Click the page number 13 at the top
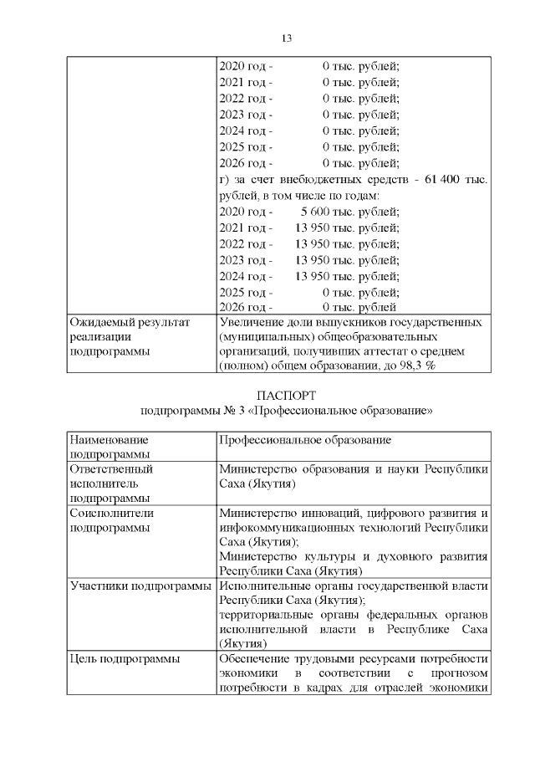(x=285, y=38)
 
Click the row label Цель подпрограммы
(x=125, y=659)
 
